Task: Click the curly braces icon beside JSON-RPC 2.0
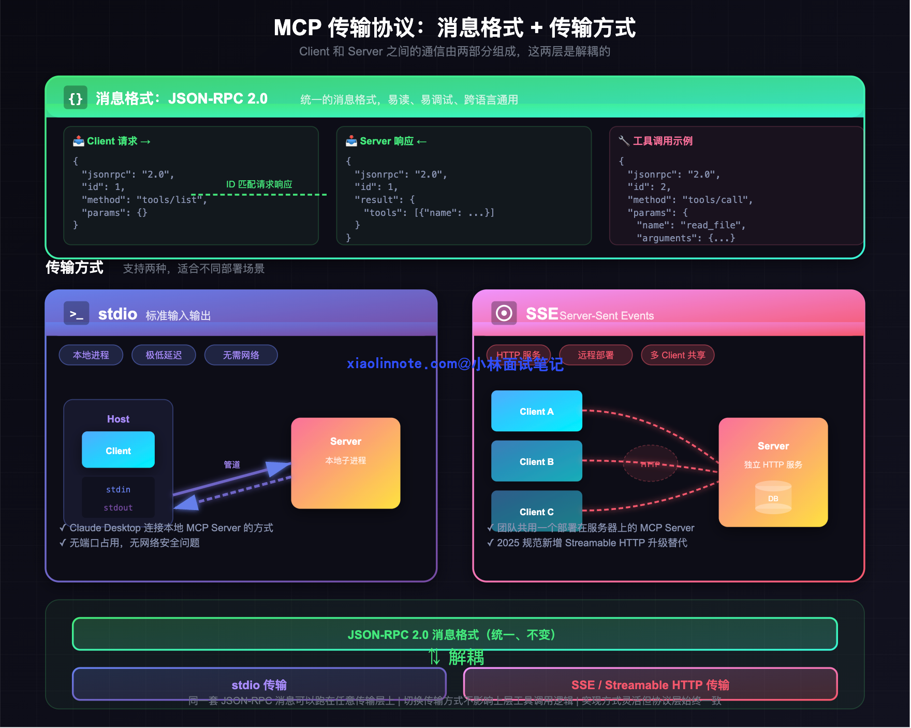pos(76,98)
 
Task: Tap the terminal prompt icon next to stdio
pos(76,313)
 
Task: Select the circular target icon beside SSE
pos(504,313)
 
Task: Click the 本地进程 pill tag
pos(91,355)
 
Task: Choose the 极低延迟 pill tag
pos(164,355)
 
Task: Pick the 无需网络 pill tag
pos(241,355)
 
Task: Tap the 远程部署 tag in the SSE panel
pos(596,355)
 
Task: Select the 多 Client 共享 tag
pos(678,355)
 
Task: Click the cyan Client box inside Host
pos(118,450)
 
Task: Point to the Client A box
pos(536,411)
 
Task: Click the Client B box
pos(536,461)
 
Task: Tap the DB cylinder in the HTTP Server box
pos(773,498)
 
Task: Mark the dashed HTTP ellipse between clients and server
pos(650,463)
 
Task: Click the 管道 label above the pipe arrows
pos(232,464)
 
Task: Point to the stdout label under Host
pos(118,507)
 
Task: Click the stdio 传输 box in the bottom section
pos(259,684)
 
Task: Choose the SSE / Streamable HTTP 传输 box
pos(650,684)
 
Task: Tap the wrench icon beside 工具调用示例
pos(624,141)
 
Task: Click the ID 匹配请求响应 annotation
pos(259,184)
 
